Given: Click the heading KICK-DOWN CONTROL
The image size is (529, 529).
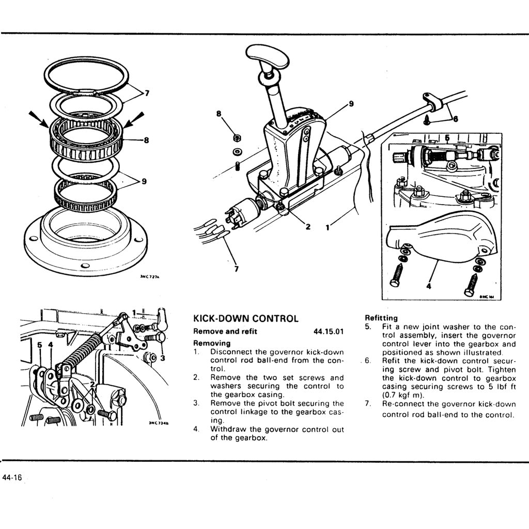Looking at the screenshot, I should (x=245, y=318).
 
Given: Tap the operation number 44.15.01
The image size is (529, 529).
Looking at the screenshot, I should (x=329, y=331).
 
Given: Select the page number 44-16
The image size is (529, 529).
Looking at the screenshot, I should (x=12, y=478).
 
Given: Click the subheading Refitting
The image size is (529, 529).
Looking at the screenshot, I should (x=381, y=318).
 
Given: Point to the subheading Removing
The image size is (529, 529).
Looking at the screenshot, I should (x=212, y=343).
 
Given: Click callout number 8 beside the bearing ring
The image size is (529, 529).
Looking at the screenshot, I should (x=146, y=139).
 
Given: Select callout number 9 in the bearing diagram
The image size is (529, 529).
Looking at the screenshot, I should (x=144, y=181).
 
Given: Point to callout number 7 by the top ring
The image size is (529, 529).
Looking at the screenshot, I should (x=147, y=94).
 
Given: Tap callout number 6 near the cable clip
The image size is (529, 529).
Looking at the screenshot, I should (x=455, y=118).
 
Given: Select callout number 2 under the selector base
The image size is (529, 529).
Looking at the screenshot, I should (x=307, y=226).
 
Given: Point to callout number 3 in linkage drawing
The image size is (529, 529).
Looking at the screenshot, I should (x=162, y=357).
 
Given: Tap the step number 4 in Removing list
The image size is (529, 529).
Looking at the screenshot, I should (x=196, y=429).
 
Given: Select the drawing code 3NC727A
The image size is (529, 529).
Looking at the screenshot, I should (x=150, y=277).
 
